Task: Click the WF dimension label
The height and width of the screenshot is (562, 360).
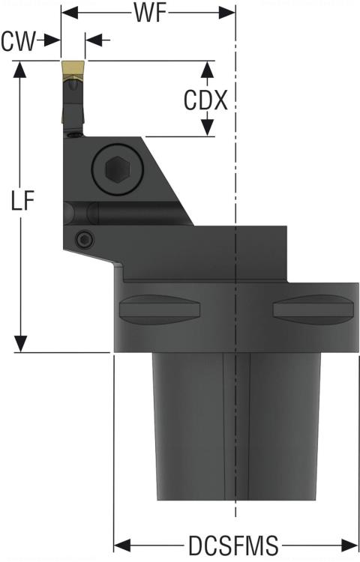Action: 149,13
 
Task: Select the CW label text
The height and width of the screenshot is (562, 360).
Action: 18,40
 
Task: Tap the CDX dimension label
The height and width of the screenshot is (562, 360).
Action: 205,100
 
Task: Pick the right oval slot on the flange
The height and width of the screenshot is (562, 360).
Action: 313,309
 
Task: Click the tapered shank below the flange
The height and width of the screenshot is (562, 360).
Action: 236,427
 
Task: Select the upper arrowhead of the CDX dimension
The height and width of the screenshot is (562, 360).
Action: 206,69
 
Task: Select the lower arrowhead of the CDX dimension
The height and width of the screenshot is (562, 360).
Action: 206,129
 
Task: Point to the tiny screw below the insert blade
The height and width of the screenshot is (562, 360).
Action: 73,135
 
